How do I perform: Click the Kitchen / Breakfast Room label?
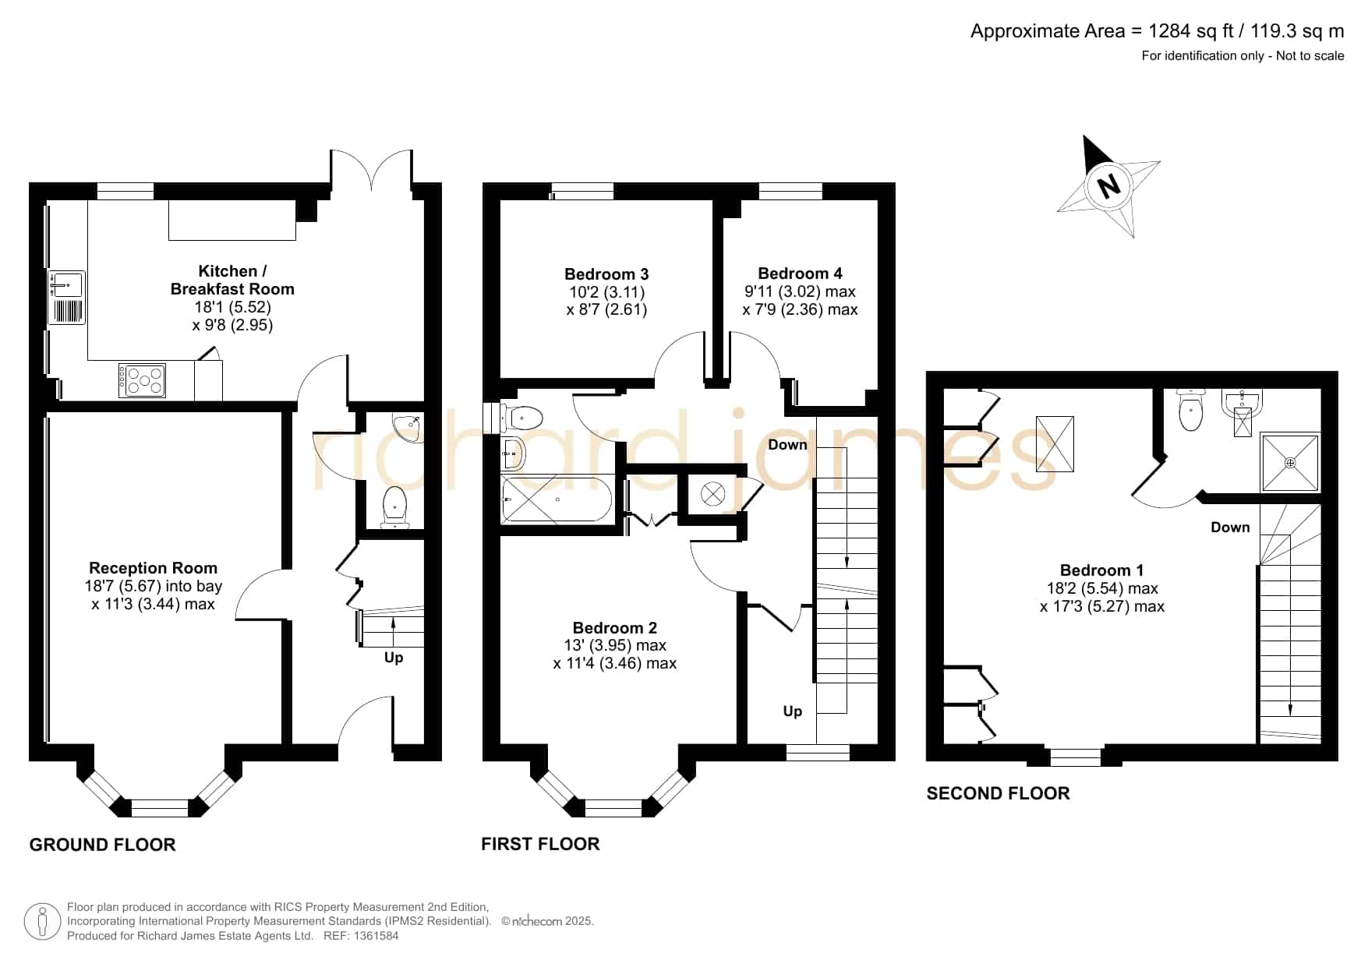click(232, 280)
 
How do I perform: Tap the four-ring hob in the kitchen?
click(142, 381)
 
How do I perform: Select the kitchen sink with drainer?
click(66, 297)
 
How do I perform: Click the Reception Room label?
click(153, 568)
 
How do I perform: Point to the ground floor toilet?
click(395, 506)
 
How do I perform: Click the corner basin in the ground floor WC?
click(410, 428)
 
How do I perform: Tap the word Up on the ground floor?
click(394, 658)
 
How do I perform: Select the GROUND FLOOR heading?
click(102, 845)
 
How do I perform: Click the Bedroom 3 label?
click(606, 274)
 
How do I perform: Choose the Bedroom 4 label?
click(800, 274)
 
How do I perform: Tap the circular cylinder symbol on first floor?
click(713, 493)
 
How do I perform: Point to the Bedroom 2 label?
click(614, 628)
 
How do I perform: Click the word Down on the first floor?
click(787, 445)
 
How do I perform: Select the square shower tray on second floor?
click(1291, 463)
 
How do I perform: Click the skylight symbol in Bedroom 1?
click(1055, 443)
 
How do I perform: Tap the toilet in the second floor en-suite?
click(1191, 411)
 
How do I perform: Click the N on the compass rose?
click(1108, 186)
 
